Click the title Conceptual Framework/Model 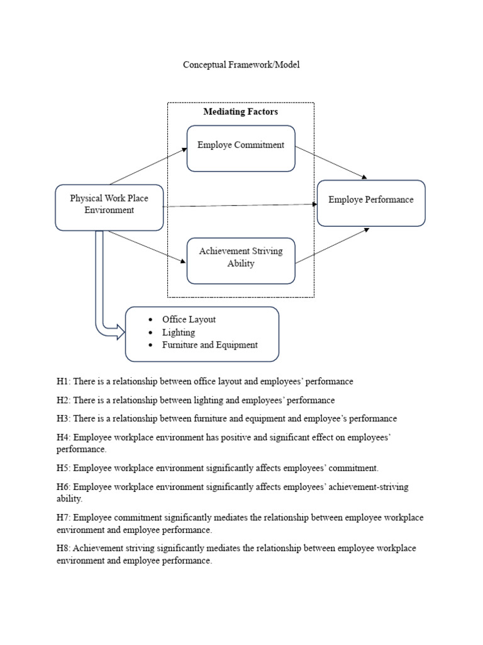[236, 65]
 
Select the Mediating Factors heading [240, 111]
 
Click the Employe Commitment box [241, 148]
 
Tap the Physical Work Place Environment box [109, 207]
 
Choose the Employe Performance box [371, 203]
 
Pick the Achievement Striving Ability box [241, 260]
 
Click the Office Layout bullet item [189, 319]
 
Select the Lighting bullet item [179, 332]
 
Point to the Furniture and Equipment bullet [209, 345]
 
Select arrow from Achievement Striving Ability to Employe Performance [331, 246]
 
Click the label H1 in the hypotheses [63, 382]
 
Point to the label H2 [63, 400]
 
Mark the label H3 [63, 418]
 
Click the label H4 [63, 437]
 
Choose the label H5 [63, 468]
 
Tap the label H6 [63, 487]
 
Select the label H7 [63, 518]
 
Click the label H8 [63, 549]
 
